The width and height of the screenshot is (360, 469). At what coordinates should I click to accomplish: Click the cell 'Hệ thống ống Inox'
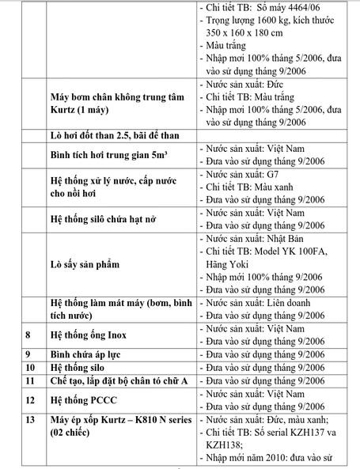(89, 333)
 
